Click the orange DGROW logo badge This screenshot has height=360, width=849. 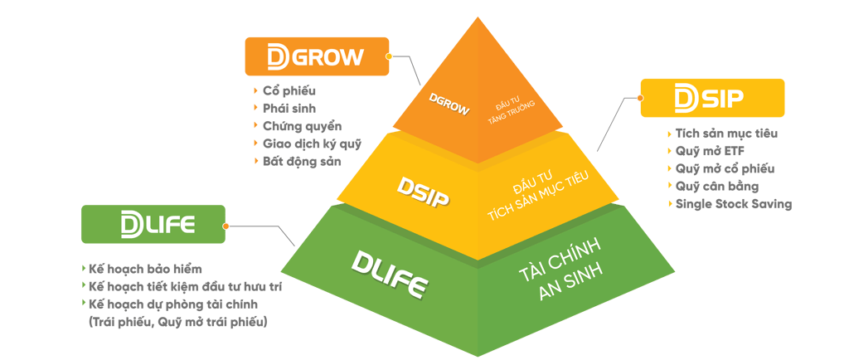(316, 56)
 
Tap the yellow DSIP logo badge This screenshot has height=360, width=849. (712, 99)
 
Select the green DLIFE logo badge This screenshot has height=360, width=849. (153, 225)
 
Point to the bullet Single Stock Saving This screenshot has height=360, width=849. (733, 204)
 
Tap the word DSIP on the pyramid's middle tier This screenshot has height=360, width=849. (424, 196)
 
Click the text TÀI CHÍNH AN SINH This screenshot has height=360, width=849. (557, 260)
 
